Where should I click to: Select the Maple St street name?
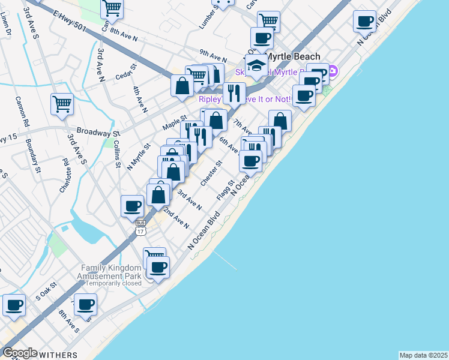point(175,123)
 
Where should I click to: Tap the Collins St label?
point(117,146)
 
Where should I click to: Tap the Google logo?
point(19,353)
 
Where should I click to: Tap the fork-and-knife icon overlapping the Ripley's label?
point(234,93)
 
